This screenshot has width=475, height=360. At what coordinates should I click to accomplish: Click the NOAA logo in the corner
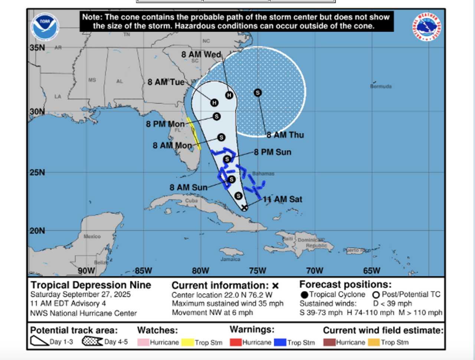coord(45,27)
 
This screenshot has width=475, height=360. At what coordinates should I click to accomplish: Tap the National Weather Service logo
coord(427,27)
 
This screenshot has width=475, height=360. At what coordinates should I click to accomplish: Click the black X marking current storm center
coord(244,207)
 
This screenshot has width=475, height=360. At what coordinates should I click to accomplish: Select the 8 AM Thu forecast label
coord(285,135)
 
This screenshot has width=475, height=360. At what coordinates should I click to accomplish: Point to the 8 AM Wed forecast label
coord(201,55)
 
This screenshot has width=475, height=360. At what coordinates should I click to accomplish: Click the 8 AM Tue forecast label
coord(166,82)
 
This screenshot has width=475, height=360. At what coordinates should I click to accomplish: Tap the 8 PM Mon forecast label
coord(165,124)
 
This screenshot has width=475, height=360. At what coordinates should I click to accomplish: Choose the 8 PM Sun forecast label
coord(273,152)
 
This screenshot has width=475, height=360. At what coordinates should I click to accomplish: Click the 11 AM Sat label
coord(283,199)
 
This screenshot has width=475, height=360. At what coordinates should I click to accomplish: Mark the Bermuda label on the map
coord(381,86)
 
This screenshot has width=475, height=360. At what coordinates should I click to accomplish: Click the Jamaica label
coord(230,259)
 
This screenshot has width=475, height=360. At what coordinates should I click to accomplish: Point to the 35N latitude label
coord(37,48)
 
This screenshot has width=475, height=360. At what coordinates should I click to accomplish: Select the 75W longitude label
coord(258,271)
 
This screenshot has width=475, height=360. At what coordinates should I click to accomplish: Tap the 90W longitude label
coord(86,271)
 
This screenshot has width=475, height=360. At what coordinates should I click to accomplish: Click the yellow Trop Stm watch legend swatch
coord(187,342)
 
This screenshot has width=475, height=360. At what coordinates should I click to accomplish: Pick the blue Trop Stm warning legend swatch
coord(280,342)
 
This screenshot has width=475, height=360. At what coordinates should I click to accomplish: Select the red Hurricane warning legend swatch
coord(236,342)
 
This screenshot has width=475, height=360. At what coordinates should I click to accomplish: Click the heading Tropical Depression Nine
coord(91,285)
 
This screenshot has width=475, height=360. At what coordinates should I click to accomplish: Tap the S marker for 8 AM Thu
coord(258,93)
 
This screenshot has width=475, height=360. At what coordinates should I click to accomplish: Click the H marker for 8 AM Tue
coord(214,103)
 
